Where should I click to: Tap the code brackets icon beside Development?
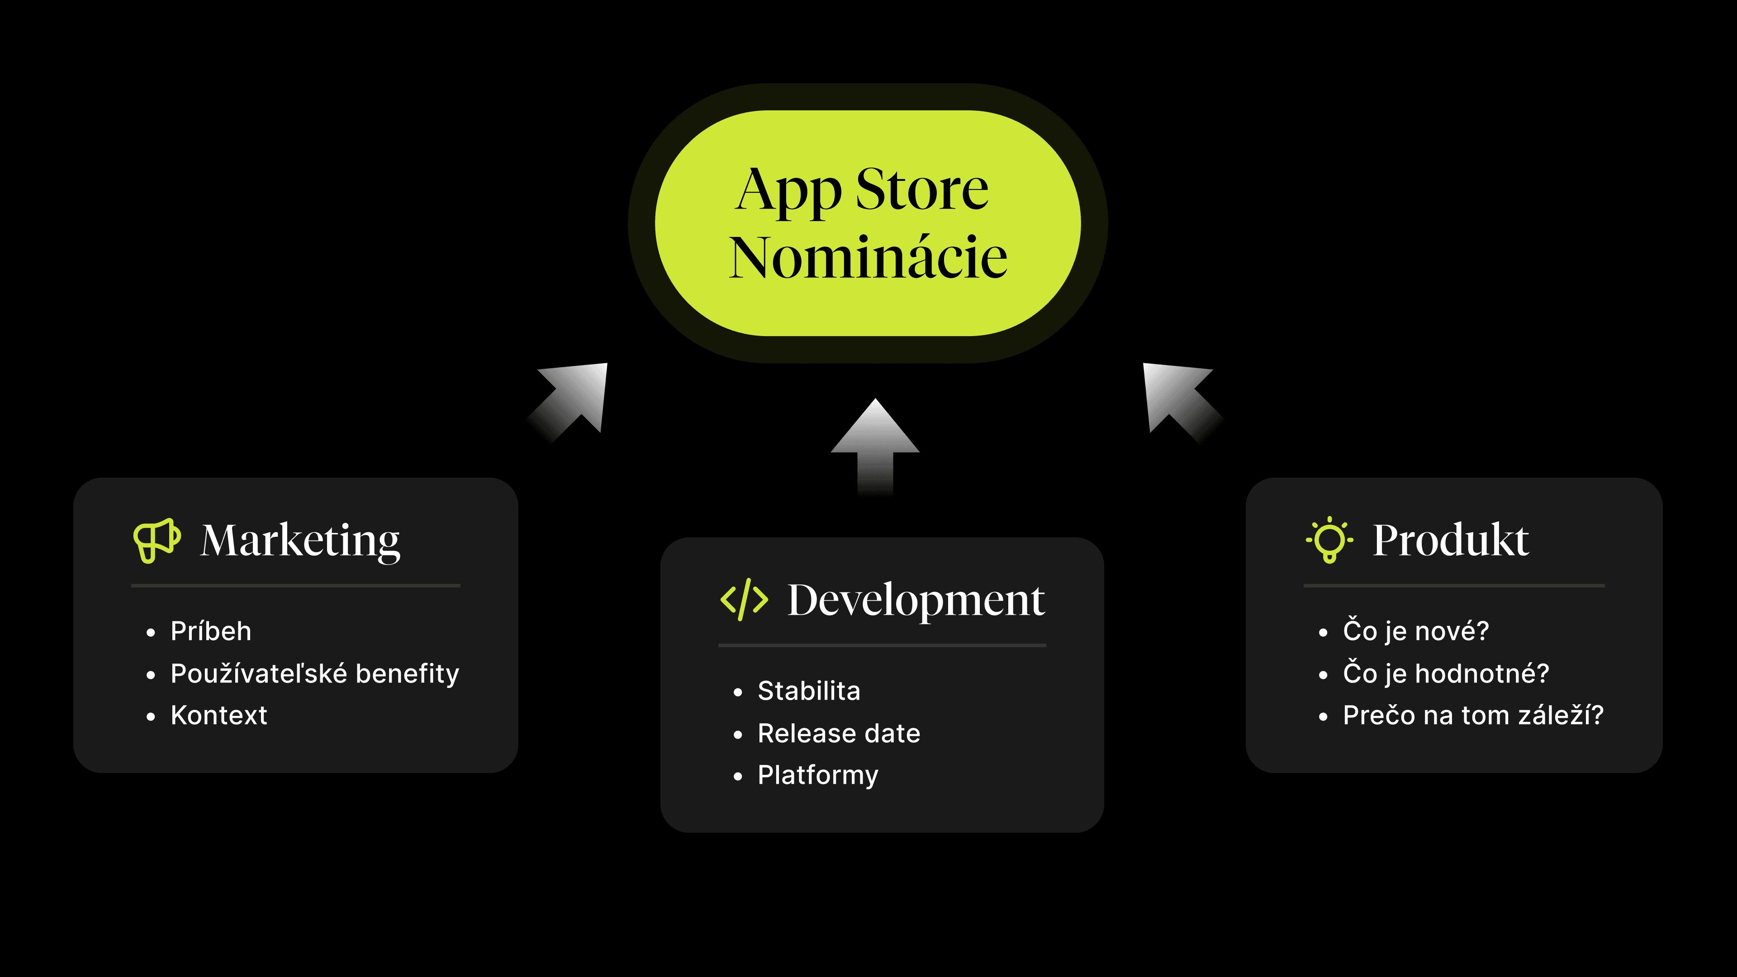point(744,599)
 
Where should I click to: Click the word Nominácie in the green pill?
point(868,257)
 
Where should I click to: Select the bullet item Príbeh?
point(210,631)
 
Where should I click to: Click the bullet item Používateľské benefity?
point(315,673)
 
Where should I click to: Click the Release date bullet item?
point(839,733)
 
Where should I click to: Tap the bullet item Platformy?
point(818,775)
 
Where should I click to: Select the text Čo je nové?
point(1415,631)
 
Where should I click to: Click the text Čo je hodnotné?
point(1446,673)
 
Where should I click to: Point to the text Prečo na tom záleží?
point(1473,715)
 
